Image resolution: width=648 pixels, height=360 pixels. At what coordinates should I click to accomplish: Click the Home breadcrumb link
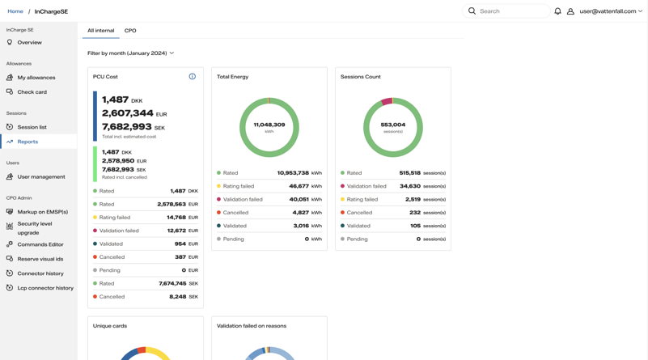click(15, 11)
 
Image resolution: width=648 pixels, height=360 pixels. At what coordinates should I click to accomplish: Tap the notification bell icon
click(557, 11)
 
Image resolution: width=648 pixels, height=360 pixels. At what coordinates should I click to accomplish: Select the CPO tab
click(130, 31)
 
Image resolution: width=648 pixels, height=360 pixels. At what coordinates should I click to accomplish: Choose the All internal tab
click(100, 31)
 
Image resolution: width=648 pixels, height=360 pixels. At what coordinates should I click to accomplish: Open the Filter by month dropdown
click(130, 53)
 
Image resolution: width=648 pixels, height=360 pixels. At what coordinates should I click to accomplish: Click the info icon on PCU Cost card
click(193, 77)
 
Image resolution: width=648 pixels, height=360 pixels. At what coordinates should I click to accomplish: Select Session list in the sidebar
click(32, 127)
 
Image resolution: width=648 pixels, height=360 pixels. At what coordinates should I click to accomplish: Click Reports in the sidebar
click(28, 142)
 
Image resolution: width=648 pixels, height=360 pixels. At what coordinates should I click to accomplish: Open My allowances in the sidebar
click(36, 78)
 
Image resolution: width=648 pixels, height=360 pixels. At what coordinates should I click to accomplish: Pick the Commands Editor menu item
click(40, 244)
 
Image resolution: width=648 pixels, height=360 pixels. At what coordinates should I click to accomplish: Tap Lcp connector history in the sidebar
click(45, 288)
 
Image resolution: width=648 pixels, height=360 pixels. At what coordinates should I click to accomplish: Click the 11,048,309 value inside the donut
click(269, 125)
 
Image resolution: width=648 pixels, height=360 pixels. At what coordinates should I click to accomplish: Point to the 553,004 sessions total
click(392, 125)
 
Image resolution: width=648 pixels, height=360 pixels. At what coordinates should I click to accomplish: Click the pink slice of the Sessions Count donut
click(387, 101)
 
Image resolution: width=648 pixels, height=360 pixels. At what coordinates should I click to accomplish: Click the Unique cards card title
click(109, 326)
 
